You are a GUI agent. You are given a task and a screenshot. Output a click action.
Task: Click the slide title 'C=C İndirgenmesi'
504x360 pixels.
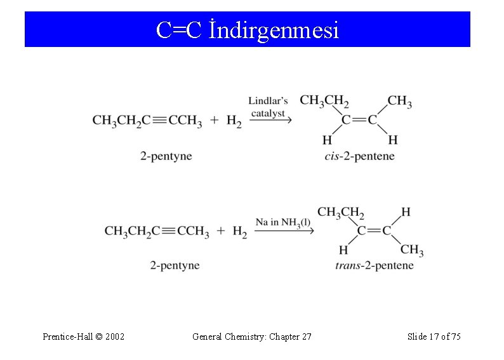[248, 29]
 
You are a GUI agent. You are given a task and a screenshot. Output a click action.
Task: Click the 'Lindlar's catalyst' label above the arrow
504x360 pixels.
[268, 106]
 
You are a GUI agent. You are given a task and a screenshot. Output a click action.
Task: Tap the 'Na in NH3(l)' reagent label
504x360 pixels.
[283, 222]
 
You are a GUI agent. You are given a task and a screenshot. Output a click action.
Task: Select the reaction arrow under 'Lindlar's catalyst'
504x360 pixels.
[270, 121]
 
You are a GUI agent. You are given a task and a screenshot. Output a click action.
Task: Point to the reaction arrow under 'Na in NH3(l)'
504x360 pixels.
[284, 232]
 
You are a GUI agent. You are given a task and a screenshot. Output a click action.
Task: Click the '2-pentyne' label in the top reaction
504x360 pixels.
[166, 156]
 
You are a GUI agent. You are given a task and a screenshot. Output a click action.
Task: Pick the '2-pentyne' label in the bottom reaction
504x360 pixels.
[175, 265]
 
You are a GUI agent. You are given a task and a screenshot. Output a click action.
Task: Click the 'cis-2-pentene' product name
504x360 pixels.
[359, 156]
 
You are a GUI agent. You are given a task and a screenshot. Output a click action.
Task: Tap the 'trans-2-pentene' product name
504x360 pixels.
[374, 265]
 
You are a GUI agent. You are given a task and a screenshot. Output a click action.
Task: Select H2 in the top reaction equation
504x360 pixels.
[234, 121]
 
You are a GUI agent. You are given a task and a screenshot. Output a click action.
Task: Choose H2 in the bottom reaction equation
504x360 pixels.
[240, 232]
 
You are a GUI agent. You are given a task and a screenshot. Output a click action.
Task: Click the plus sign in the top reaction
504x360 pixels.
[213, 120]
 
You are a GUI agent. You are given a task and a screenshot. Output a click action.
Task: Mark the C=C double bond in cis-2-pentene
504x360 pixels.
[359, 120]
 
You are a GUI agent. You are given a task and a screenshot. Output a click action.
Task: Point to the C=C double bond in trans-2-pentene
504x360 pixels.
[374, 230]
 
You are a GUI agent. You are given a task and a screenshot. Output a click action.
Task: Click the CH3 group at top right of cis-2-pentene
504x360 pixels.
[399, 102]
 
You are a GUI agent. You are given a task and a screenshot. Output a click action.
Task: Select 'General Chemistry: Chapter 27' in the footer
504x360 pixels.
[251, 336]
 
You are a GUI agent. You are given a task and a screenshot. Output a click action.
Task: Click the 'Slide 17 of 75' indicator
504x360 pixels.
[434, 336]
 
